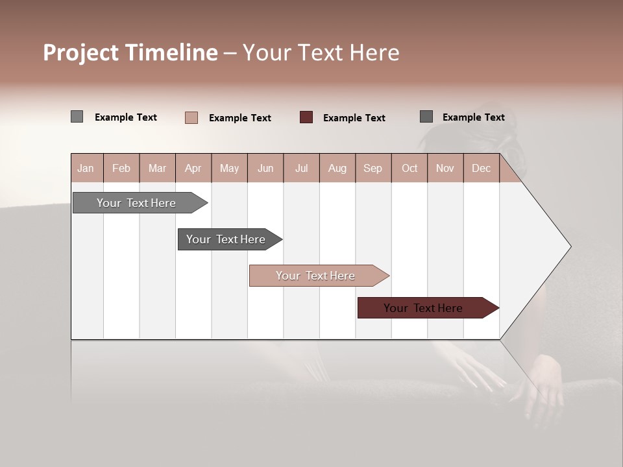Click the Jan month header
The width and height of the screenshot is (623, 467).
86,168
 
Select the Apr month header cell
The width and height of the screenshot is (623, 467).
193,168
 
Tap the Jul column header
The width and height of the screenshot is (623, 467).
301,168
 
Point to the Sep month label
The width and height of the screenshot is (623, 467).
373,168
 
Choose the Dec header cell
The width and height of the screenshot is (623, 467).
481,168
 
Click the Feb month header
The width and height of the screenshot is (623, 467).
121,168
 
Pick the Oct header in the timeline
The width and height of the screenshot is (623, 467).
409,168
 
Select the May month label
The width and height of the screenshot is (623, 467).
229,168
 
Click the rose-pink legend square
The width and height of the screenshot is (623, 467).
191,117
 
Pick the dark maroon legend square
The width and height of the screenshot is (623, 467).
306,117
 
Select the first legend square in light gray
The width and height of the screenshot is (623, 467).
77,117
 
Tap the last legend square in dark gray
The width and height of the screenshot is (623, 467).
426,117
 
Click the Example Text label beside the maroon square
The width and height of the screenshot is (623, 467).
354,117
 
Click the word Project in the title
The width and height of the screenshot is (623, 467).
81,53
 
